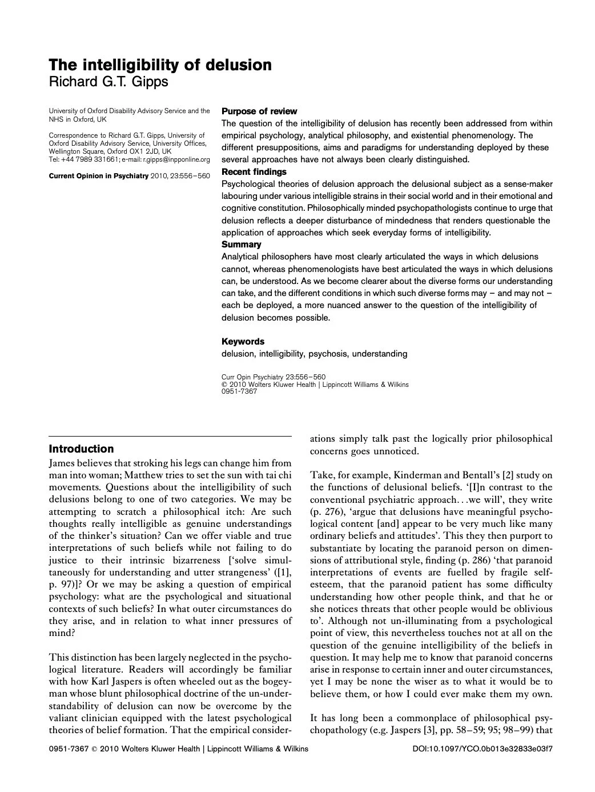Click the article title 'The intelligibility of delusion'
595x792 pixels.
click(x=160, y=65)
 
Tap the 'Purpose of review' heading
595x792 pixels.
click(x=259, y=111)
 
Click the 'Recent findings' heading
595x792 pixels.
click(x=254, y=171)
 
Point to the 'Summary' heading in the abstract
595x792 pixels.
click(x=241, y=244)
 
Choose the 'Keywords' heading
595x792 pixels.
click(x=243, y=341)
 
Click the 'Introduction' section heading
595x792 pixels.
click(x=81, y=449)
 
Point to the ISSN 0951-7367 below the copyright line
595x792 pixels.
click(x=239, y=391)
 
